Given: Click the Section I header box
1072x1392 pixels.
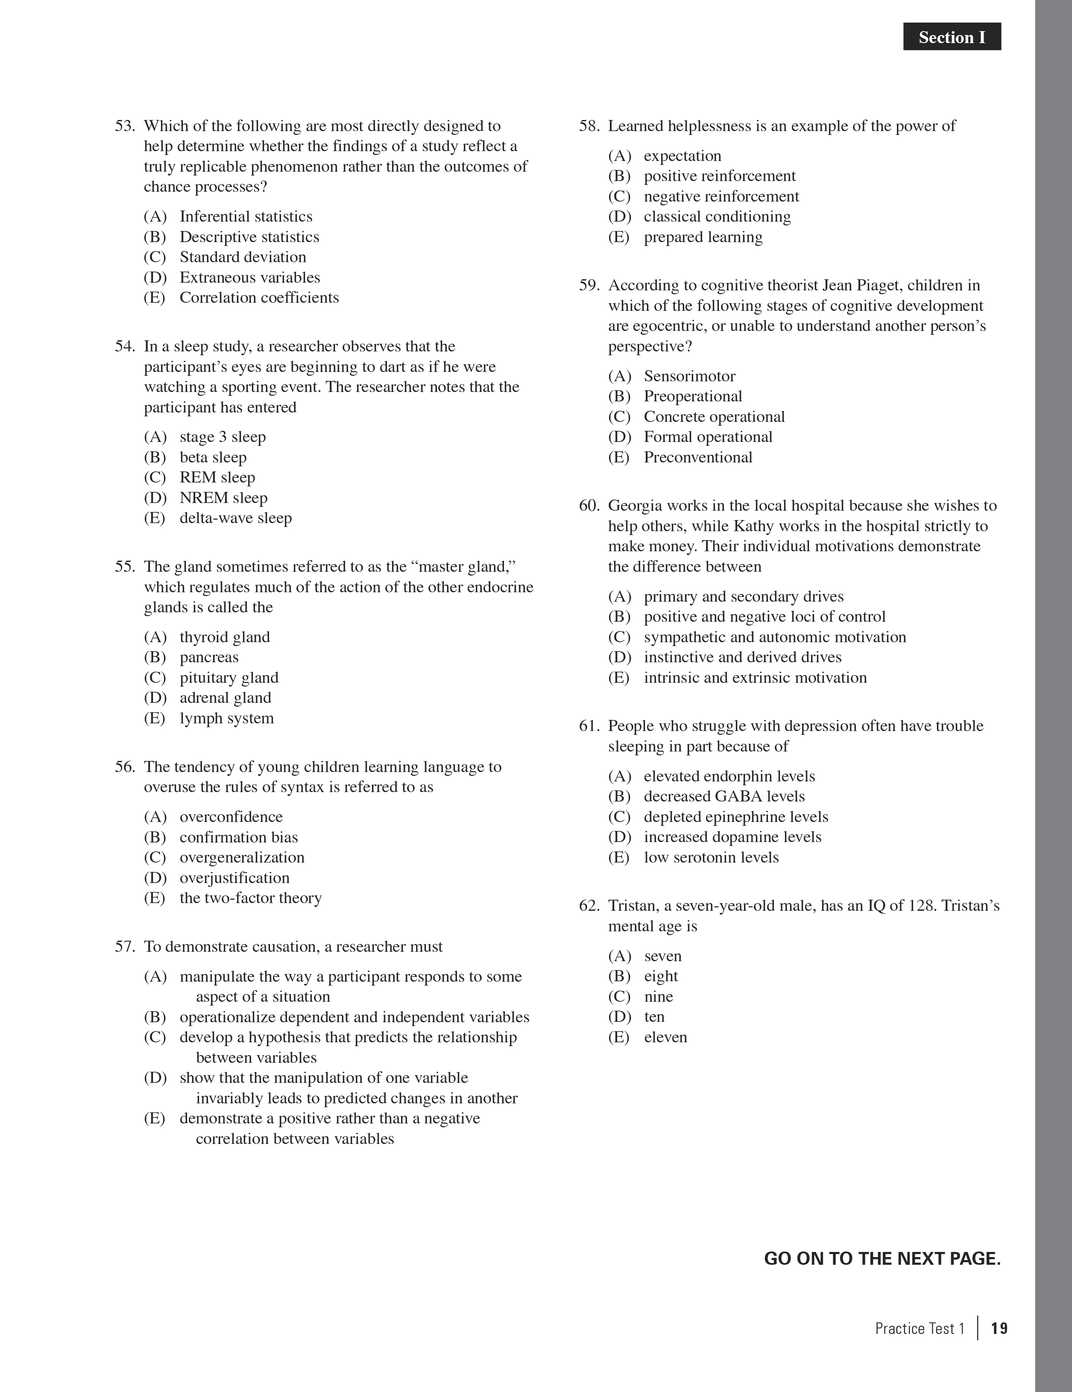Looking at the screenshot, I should coord(952,37).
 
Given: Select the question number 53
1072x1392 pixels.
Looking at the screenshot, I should coord(125,126).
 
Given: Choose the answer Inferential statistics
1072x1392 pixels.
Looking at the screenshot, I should coord(246,217).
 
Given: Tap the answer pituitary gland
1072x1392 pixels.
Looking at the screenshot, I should coord(229,678).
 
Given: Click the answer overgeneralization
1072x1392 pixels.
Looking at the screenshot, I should coord(242,857).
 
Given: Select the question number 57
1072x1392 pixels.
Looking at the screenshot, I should coord(125,947).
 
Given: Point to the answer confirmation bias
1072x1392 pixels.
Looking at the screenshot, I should coord(238,837).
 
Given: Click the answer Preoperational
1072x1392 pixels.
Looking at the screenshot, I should coord(692,396).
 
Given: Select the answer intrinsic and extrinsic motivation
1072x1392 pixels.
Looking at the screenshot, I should coord(755,678).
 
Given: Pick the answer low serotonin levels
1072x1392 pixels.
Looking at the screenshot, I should coord(711,857).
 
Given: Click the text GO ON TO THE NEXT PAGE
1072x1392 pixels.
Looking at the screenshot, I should coord(882,1259).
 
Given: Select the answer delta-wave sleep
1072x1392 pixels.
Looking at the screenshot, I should coord(235,518).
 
